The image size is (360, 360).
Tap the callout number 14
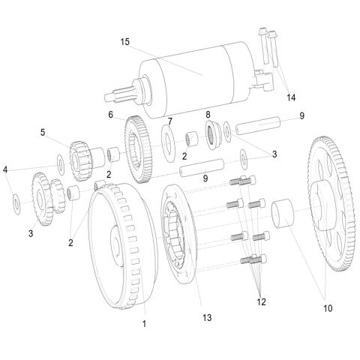(290, 97)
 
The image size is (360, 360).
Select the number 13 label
(207, 318)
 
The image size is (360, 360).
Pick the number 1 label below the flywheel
(144, 324)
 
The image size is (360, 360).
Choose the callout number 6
(110, 115)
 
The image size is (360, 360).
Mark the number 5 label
(42, 133)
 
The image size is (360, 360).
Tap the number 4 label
(5, 169)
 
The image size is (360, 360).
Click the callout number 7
(170, 121)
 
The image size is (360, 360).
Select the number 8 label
(208, 114)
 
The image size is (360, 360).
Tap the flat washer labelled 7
(166, 140)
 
